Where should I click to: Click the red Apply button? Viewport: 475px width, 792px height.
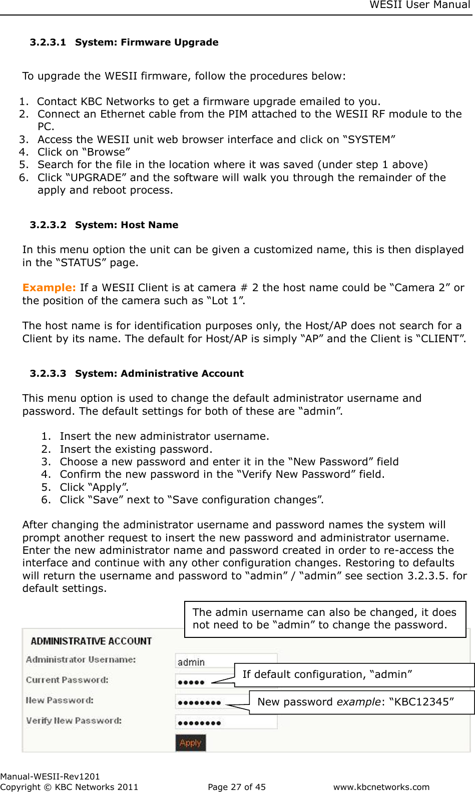click(x=190, y=742)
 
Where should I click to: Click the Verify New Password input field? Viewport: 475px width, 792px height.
click(x=225, y=722)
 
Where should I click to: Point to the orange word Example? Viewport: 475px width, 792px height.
click(x=49, y=288)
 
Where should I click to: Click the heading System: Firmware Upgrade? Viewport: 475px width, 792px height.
click(x=147, y=43)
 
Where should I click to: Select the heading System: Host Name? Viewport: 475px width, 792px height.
click(x=127, y=225)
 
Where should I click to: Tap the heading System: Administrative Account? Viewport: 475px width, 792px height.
click(x=159, y=374)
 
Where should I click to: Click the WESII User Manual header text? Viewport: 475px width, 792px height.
click(x=419, y=5)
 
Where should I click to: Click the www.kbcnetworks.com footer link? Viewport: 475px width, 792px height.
click(x=381, y=787)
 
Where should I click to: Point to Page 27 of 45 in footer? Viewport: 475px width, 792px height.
click(x=237, y=787)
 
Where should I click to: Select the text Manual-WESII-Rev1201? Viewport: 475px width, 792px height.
click(x=50, y=776)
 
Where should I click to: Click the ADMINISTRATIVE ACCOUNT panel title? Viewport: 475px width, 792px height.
click(x=91, y=641)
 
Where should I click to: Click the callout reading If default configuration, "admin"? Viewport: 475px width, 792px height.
click(x=327, y=674)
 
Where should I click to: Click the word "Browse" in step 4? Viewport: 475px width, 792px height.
click(x=106, y=152)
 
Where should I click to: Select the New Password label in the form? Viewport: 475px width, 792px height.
click(x=60, y=700)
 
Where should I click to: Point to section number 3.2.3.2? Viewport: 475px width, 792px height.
click(x=48, y=225)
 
